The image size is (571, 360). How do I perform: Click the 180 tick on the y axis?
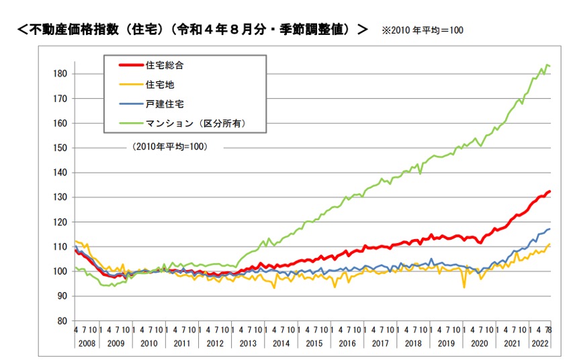click(60, 74)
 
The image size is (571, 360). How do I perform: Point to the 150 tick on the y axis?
click(60, 148)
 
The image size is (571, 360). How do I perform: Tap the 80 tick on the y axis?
click(62, 321)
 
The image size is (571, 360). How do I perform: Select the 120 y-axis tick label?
click(60, 222)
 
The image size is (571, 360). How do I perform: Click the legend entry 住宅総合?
click(165, 65)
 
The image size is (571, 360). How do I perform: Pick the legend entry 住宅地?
click(160, 85)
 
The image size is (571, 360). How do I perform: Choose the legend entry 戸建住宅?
click(165, 104)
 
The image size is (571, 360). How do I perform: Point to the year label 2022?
click(540, 343)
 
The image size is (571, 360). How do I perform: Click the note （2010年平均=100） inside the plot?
click(169, 146)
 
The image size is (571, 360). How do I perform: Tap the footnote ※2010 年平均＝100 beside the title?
click(422, 30)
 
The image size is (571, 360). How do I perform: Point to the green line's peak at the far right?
click(547, 65)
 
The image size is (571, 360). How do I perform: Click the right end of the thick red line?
click(550, 191)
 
